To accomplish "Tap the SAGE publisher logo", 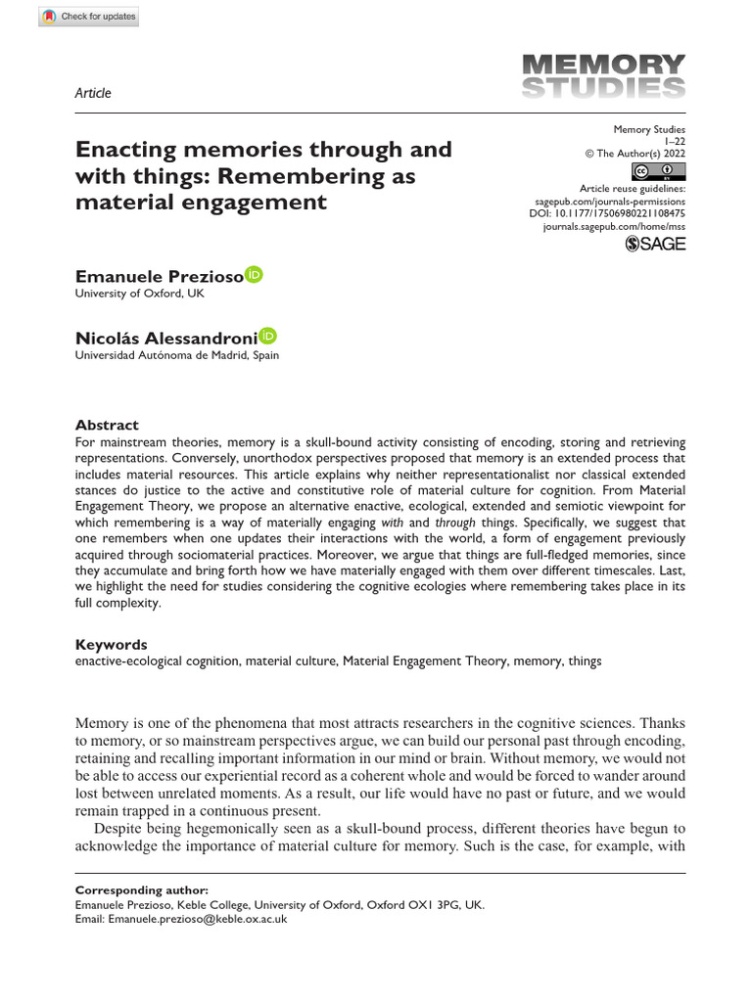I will [655, 244].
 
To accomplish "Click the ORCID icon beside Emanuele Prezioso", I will [254, 275].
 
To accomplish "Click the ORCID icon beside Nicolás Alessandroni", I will [268, 336].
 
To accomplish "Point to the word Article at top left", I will [93, 94].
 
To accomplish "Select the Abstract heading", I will [107, 426].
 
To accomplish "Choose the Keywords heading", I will [111, 645].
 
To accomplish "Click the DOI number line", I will [607, 212].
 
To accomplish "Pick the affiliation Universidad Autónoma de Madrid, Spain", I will [176, 355].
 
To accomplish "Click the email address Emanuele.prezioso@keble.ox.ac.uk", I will [197, 920].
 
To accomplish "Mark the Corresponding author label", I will [141, 890].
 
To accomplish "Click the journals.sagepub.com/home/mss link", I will [614, 226].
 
